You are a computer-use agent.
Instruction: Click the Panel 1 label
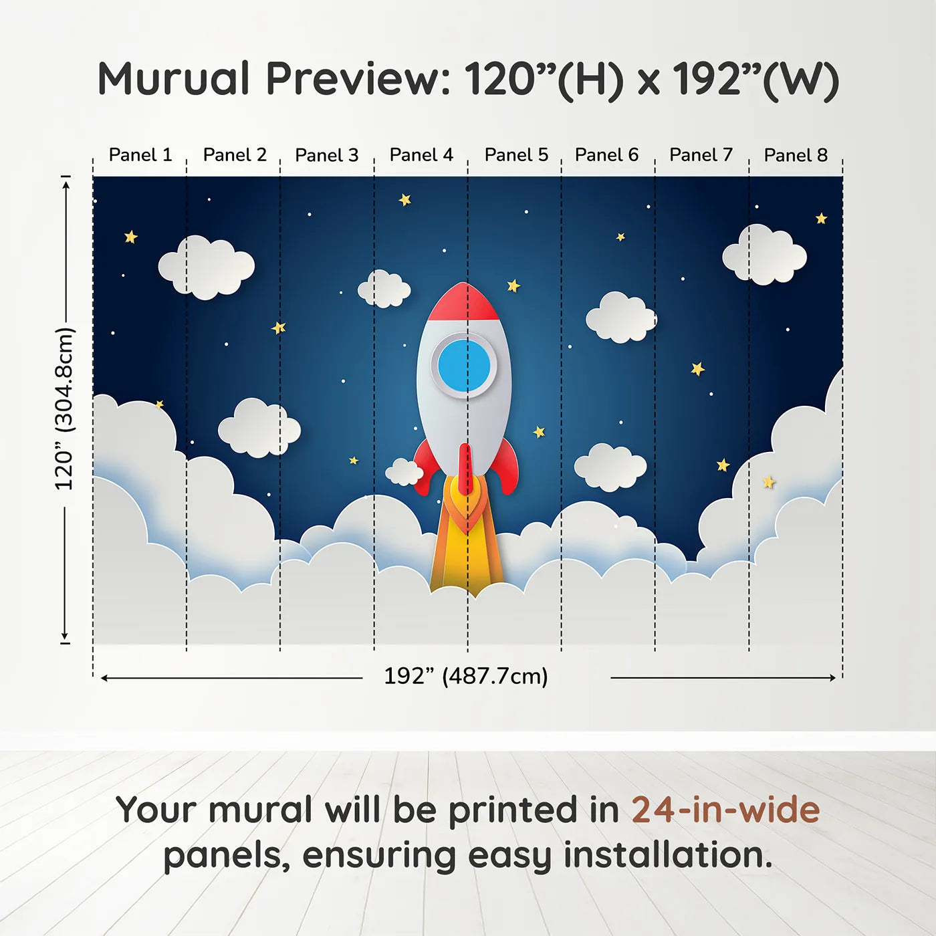coord(140,155)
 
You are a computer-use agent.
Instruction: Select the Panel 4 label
coord(421,155)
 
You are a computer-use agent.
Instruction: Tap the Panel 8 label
coord(796,155)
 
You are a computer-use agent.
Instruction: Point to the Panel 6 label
coord(606,155)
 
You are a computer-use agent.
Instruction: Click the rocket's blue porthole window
coord(465,366)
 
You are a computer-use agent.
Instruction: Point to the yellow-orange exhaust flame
coord(467,548)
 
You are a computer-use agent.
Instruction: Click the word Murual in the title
coord(174,79)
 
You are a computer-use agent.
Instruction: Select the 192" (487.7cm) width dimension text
coord(466,677)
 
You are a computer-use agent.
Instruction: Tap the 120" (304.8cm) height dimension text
coord(65,409)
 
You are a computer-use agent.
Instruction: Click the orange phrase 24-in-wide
coord(725,810)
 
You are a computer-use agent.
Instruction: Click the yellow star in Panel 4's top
coord(404,199)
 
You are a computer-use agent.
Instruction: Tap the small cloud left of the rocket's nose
coord(384,289)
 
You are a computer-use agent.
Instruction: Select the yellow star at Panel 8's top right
coord(821,218)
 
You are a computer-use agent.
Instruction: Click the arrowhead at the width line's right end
coord(832,678)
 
